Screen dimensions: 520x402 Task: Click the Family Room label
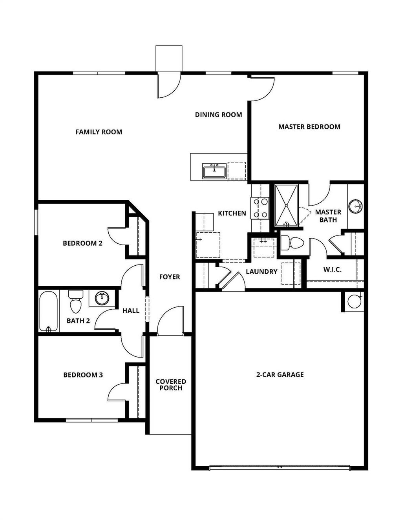click(99, 132)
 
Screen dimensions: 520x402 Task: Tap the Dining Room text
click(218, 115)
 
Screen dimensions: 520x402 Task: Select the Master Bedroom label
click(309, 127)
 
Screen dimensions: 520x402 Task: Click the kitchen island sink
click(214, 172)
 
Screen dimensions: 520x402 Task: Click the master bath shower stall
click(287, 205)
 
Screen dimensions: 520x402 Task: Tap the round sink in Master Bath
click(356, 206)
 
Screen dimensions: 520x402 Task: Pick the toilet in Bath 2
click(75, 301)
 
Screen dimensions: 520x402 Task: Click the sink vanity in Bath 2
click(102, 298)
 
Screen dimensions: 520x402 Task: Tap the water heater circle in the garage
click(354, 302)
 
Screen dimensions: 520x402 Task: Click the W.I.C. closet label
click(332, 270)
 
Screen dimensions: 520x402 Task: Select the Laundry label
click(261, 272)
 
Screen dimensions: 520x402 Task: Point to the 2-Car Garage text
click(280, 375)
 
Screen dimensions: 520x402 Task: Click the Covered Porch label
click(171, 385)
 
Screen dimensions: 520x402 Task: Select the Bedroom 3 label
click(83, 375)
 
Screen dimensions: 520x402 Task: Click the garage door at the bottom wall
click(280, 467)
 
